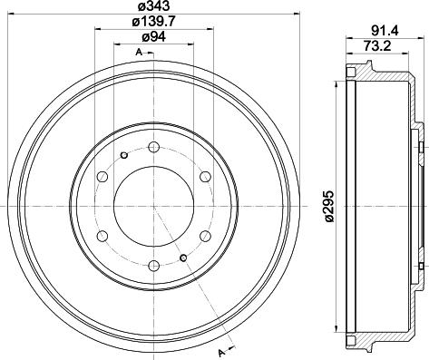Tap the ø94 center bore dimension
(151, 38)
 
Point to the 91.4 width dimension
(382, 28)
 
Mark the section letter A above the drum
(137, 54)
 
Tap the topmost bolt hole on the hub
(153, 148)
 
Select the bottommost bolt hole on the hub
(153, 265)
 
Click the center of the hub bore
(153, 206)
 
